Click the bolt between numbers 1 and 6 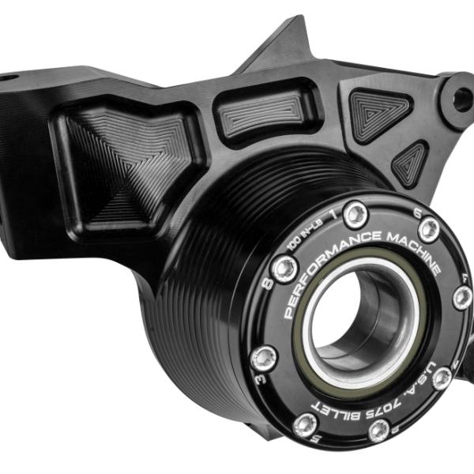coord(355,214)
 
